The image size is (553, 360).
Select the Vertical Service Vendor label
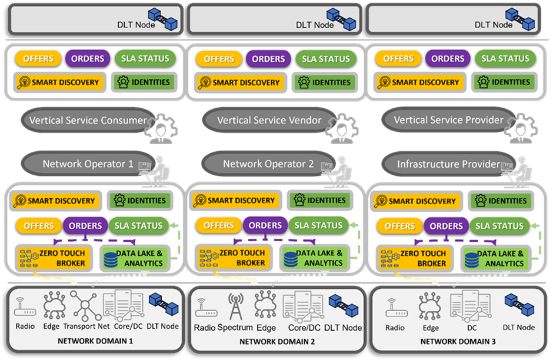click(269, 121)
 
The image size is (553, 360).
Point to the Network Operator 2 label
click(268, 164)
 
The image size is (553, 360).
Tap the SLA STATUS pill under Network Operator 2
click(318, 225)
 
